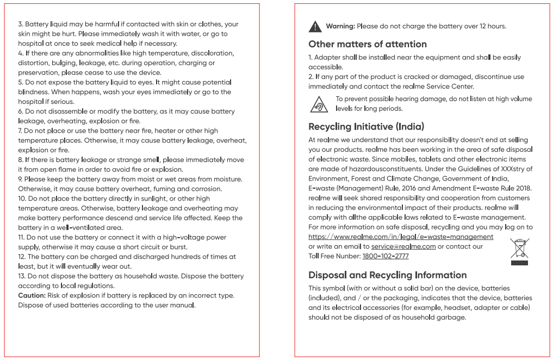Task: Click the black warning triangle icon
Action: tap(315, 26)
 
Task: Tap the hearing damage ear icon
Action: tap(319, 103)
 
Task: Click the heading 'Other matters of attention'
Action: tap(367, 44)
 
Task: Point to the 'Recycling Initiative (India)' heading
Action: tap(366, 127)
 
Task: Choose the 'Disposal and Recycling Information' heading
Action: tap(387, 275)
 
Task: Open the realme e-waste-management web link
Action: tap(401, 237)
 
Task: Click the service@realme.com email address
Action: tap(403, 246)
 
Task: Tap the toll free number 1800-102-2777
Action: tap(386, 256)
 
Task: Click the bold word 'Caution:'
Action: tap(32, 295)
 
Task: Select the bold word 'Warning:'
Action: tap(340, 26)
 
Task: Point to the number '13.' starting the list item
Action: tap(22, 276)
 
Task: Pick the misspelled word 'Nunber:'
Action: tap(348, 256)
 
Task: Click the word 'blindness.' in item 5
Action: tap(33, 92)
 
